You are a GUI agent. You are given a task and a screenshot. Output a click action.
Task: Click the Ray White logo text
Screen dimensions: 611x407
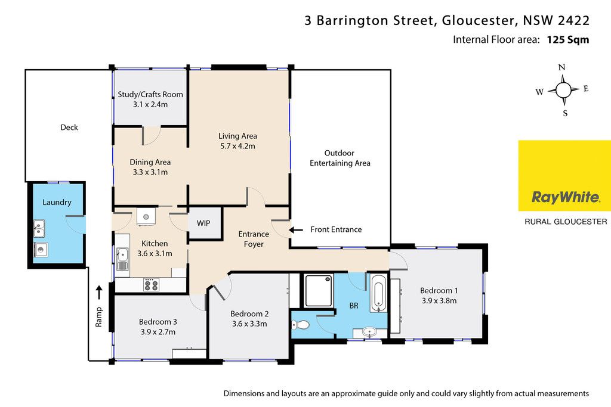[566, 197]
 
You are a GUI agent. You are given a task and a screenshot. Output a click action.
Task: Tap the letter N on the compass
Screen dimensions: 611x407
[561, 67]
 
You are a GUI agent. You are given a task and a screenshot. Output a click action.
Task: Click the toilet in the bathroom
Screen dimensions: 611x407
[301, 325]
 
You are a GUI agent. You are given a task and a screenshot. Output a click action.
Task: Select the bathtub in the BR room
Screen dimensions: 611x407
[378, 293]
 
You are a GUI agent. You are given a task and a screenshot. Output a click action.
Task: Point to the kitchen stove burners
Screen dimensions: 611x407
[151, 285]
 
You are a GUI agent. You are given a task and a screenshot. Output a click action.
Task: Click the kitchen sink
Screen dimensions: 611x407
[122, 259]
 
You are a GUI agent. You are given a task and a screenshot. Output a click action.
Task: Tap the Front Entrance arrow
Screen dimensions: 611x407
[296, 230]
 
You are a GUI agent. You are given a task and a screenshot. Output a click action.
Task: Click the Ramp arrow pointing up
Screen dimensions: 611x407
[100, 293]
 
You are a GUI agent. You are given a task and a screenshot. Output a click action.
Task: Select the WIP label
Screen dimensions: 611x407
[203, 223]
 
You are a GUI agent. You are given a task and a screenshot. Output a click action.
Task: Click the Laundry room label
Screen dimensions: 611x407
[57, 203]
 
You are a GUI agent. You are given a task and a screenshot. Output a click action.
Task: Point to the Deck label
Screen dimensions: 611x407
[69, 128]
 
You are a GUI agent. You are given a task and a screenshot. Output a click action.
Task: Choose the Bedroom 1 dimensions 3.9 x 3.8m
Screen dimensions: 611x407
[439, 301]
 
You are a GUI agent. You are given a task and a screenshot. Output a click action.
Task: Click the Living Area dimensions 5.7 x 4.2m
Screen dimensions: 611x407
[237, 147]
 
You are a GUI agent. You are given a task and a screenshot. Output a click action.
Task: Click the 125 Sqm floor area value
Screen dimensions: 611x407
[568, 40]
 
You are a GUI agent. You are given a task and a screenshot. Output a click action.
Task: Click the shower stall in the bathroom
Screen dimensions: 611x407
[319, 291]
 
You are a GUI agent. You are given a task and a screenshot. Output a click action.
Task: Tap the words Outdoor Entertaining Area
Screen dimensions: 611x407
[340, 158]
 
